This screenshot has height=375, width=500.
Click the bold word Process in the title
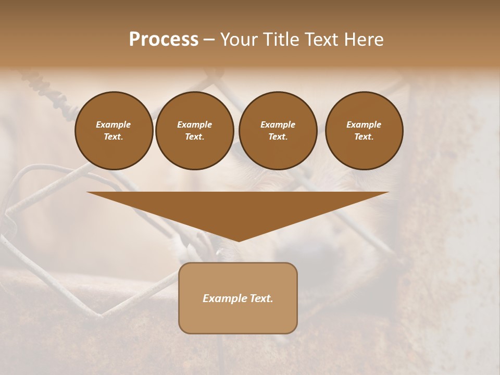[164, 40]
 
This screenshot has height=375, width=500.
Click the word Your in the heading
[239, 40]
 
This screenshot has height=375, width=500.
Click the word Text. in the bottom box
[261, 298]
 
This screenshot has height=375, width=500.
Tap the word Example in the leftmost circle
[114, 124]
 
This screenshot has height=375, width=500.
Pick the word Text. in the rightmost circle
[364, 136]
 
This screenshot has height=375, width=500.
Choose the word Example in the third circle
[278, 124]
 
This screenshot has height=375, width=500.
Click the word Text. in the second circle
[194, 136]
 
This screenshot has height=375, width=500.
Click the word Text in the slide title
[320, 40]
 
